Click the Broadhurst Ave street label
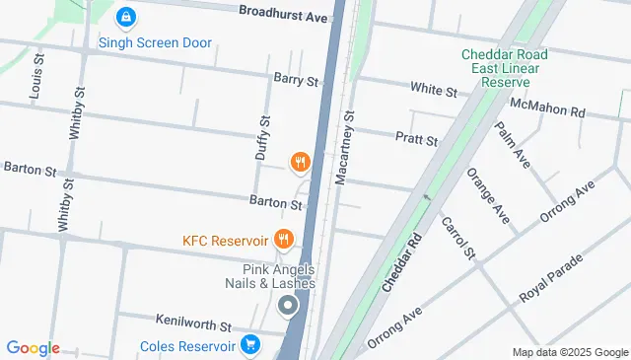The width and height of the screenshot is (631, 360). pos(283,17)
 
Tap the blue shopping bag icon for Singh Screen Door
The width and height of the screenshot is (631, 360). pos(125,18)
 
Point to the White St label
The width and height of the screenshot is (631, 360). pos(434,91)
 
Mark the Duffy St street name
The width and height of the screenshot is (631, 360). pos(263,138)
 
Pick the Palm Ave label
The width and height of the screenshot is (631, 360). pos(514,145)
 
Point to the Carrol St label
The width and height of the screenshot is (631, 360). pos(458,238)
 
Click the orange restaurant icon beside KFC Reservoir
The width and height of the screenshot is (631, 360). pos(284,238)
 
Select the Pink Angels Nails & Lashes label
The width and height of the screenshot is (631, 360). pos(279,276)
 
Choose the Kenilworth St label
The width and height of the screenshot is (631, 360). pos(194,323)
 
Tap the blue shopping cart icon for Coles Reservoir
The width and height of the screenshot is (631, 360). pos(251,345)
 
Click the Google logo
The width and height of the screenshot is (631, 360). pos(33,348)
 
